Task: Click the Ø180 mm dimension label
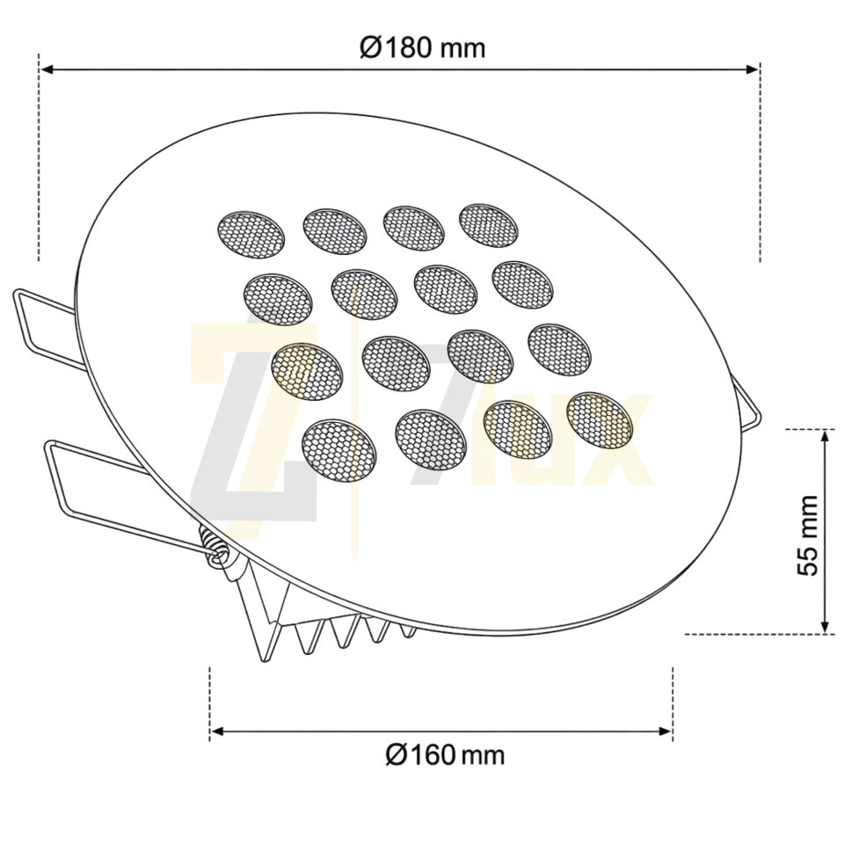(423, 47)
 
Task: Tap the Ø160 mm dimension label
(445, 754)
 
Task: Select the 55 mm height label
(807, 535)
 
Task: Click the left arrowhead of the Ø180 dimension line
(47, 69)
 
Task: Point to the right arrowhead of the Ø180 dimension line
(752, 69)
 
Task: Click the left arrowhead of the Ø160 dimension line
(217, 731)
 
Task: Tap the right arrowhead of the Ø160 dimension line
(665, 731)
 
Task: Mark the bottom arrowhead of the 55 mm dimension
(824, 627)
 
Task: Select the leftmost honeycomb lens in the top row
(251, 234)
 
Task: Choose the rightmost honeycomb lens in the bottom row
(600, 420)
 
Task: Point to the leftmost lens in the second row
(278, 299)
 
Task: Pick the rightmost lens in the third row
(560, 350)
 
